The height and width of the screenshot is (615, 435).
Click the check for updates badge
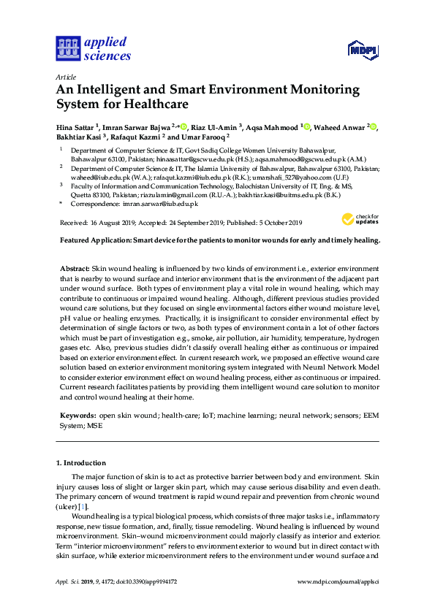click(360, 219)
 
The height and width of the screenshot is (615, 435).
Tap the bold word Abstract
click(75, 270)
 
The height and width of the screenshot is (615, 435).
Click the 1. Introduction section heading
click(81, 463)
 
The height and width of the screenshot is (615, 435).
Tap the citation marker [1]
click(83, 506)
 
